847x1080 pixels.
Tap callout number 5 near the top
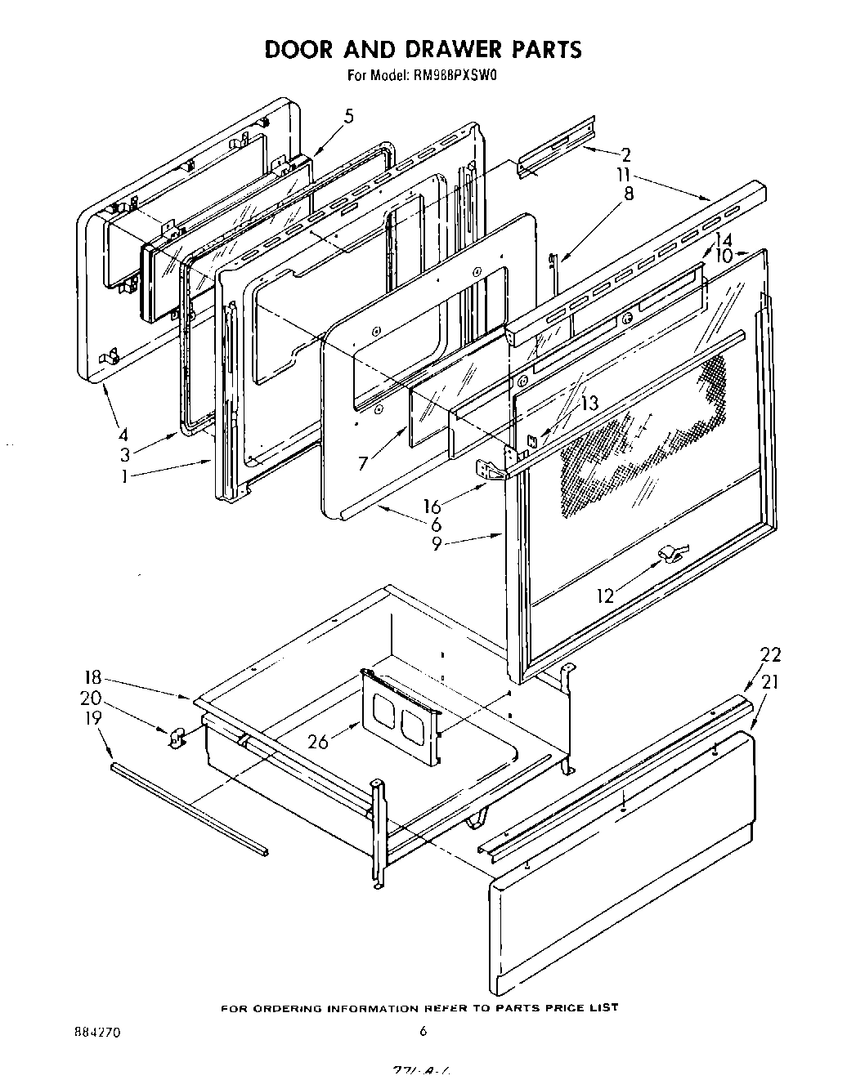tap(349, 117)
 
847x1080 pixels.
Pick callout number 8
tap(629, 194)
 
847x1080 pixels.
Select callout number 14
tap(723, 240)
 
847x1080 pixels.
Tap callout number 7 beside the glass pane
tap(362, 464)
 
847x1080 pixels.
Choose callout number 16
tap(432, 507)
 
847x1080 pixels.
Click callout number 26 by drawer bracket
tap(319, 742)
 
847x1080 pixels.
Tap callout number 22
tap(770, 654)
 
